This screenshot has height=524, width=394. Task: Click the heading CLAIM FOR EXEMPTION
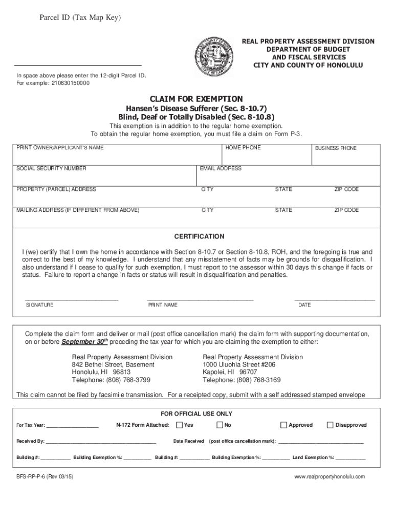(x=196, y=98)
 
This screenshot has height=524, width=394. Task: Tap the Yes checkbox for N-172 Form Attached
(x=180, y=425)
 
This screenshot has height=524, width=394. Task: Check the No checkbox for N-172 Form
(x=220, y=425)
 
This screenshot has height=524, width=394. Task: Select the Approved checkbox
(x=284, y=425)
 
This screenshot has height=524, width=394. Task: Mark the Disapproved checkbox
(x=330, y=425)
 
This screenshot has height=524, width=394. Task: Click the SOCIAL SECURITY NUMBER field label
(x=51, y=168)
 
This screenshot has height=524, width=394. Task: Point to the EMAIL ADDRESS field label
(x=221, y=168)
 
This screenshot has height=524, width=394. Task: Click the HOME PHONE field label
(x=243, y=147)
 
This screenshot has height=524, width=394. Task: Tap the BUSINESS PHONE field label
(x=336, y=148)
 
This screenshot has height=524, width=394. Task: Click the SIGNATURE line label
(x=39, y=305)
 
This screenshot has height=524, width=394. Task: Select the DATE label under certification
(x=304, y=305)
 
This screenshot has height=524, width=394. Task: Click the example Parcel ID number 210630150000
(x=67, y=83)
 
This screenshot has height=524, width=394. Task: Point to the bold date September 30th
(x=85, y=342)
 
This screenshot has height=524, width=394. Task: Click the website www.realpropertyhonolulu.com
(x=330, y=476)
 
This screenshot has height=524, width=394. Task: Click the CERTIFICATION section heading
(x=199, y=236)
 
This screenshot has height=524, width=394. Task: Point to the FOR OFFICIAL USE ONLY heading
(x=196, y=413)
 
